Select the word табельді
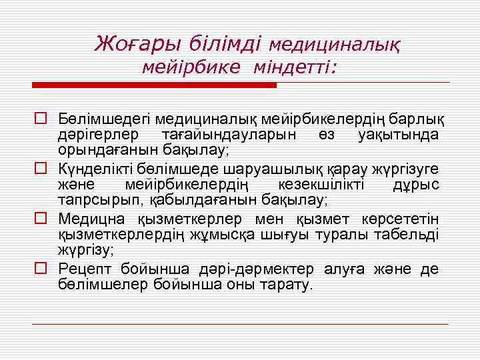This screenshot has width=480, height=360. click(x=409, y=235)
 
